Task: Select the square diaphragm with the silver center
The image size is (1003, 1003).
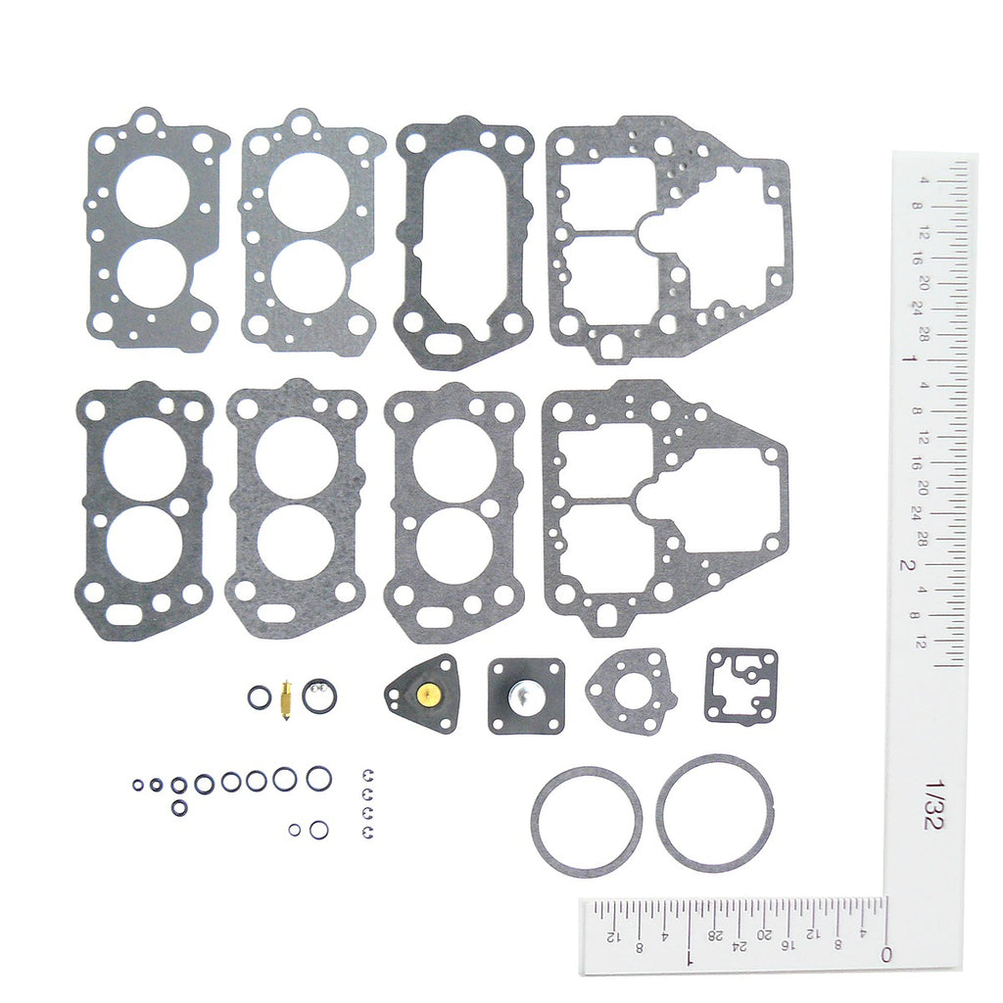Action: click(526, 695)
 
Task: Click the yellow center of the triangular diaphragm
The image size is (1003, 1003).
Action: click(426, 695)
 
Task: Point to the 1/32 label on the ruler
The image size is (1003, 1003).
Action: click(932, 805)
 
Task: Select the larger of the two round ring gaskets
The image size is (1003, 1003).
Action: click(714, 812)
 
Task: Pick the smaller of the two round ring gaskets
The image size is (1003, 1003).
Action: click(587, 821)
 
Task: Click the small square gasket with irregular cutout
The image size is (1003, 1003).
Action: click(740, 685)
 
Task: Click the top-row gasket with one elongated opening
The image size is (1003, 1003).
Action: click(463, 243)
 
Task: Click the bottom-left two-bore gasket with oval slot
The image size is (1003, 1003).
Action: click(144, 510)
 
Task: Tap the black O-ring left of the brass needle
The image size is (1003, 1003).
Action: click(259, 698)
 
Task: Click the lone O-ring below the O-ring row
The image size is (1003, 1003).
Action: click(179, 808)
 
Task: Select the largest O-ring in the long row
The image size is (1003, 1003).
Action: click(318, 778)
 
